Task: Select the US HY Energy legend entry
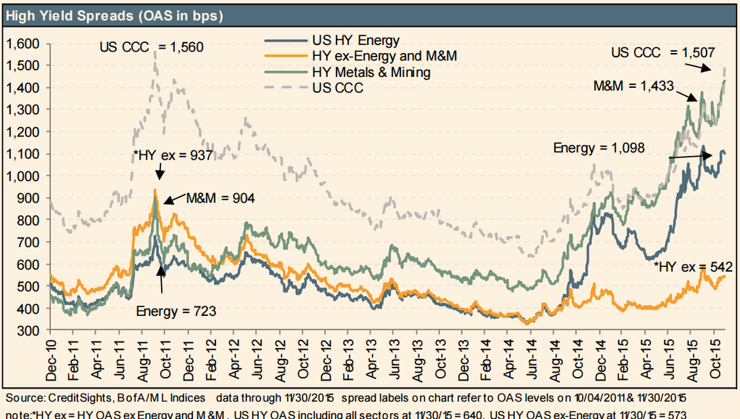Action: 355,39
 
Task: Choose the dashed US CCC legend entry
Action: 338,88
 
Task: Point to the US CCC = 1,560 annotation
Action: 152,48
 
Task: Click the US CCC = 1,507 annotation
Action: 663,52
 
